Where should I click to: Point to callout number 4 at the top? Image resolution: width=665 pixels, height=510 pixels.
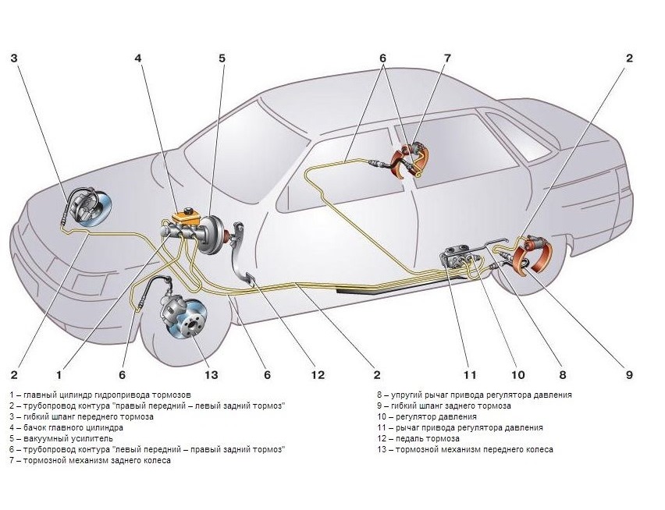coord(138,58)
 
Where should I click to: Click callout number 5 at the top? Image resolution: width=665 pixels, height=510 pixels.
coord(222,58)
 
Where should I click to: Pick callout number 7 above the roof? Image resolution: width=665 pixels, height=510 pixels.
coord(447,58)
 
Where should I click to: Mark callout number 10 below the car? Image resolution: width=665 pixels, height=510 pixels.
coord(515,375)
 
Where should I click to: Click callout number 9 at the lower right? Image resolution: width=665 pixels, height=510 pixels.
coord(629,375)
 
